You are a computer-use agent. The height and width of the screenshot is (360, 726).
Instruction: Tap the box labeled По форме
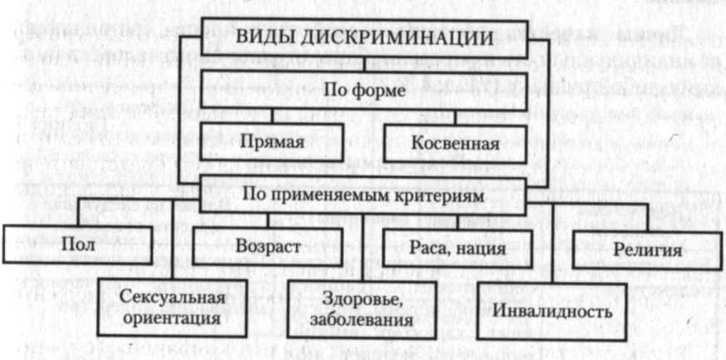click(x=363, y=90)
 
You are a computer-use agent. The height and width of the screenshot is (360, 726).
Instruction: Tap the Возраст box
click(x=266, y=247)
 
